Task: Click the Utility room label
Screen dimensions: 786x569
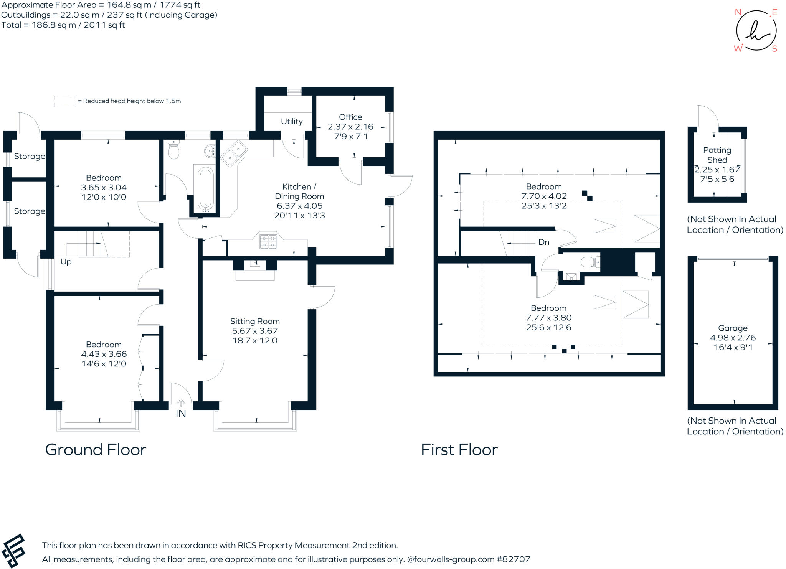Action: click(x=292, y=121)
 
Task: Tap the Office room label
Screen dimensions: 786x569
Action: click(x=350, y=117)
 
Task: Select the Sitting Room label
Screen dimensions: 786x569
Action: click(x=255, y=321)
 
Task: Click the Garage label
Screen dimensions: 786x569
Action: click(x=733, y=328)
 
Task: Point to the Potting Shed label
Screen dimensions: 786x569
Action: click(x=717, y=155)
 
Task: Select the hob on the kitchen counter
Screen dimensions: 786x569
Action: click(x=268, y=241)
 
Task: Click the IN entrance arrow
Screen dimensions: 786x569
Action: click(x=181, y=403)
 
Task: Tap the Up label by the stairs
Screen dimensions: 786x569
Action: click(x=66, y=262)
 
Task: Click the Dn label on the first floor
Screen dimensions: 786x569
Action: click(x=544, y=242)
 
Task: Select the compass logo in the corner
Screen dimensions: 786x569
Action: click(x=756, y=31)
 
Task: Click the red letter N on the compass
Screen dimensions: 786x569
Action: click(x=738, y=12)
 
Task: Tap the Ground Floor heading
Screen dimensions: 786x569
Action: click(x=96, y=450)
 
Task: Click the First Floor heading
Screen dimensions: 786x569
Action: click(x=459, y=450)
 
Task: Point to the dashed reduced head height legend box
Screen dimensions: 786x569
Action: click(x=65, y=101)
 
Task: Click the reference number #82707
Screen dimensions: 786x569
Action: click(x=514, y=559)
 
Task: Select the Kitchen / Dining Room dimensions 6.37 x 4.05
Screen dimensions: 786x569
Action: click(x=299, y=206)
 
